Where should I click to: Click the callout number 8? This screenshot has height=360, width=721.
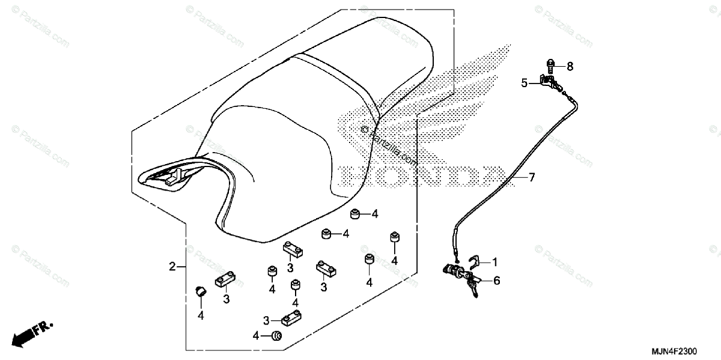[570, 65]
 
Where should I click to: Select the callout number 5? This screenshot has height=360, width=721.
[524, 84]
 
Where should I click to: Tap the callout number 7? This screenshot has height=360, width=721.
[531, 177]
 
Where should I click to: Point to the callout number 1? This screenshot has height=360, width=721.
[495, 262]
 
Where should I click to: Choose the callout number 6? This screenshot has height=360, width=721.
[497, 280]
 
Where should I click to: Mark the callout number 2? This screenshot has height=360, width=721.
[172, 266]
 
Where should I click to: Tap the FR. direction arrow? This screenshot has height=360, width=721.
[33, 334]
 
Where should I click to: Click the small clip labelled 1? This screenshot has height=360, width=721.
[475, 260]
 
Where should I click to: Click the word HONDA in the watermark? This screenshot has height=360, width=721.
[421, 175]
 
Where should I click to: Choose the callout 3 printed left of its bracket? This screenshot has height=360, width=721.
[266, 320]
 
